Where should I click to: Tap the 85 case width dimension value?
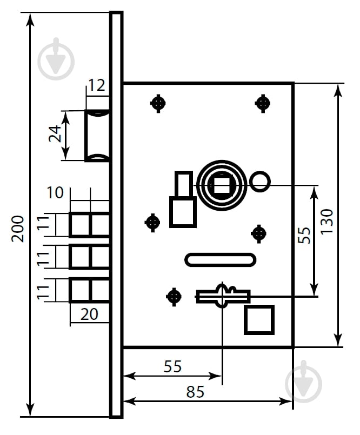[196, 392]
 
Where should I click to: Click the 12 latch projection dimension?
[97, 85]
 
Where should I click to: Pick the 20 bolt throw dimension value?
[90, 314]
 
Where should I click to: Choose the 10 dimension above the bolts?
[56, 192]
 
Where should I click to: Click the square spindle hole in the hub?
[222, 185]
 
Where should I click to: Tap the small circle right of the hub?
[260, 181]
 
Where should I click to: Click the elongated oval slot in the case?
[220, 259]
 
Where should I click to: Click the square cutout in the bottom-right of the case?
[259, 319]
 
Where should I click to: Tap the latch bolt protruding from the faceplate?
[97, 135]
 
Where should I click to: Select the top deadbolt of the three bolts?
[90, 225]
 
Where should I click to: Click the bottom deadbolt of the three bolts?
[90, 290]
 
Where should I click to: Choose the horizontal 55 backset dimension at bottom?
[172, 366]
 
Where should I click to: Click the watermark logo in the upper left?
[56, 59]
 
